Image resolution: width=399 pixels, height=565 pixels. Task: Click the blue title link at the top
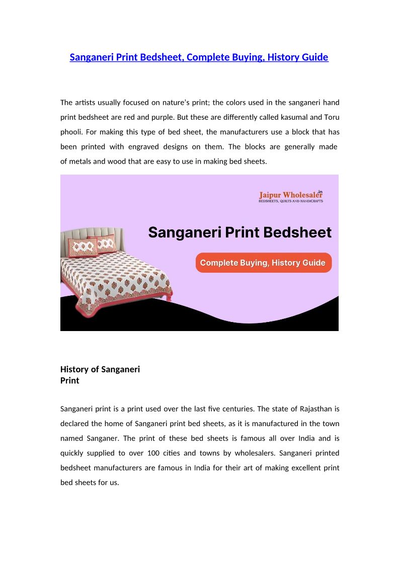(199, 57)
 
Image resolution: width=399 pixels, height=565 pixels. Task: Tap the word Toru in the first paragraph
(332, 117)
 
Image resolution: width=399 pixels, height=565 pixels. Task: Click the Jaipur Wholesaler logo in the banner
(291, 195)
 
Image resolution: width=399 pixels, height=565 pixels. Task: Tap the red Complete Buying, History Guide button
(263, 263)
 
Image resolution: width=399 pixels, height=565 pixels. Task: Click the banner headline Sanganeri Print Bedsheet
(240, 232)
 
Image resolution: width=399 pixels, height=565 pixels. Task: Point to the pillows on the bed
(93, 246)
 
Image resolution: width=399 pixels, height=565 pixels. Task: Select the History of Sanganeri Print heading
(100, 375)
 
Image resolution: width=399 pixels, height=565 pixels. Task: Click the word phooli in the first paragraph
(71, 132)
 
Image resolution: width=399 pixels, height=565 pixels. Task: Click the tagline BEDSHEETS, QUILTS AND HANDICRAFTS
(291, 201)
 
